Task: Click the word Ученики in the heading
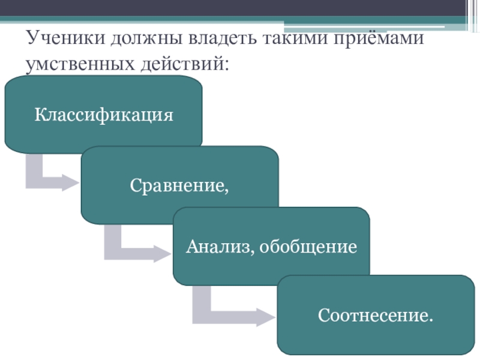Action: [62, 40]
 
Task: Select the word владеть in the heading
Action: [222, 40]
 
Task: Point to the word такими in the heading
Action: [295, 40]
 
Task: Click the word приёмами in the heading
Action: [377, 40]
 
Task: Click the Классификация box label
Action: [103, 114]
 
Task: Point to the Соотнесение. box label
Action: [376, 314]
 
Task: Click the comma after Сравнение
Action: [227, 190]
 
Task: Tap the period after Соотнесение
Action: [431, 319]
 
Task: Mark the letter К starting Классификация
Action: [40, 114]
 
